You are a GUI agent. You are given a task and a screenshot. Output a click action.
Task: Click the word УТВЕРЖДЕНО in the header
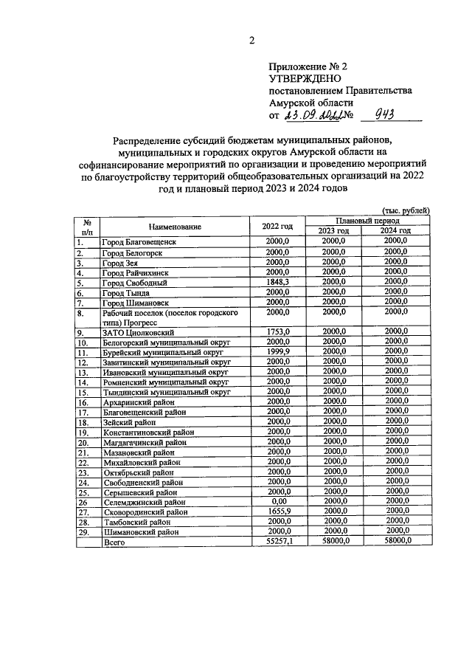pyautogui.click(x=302, y=78)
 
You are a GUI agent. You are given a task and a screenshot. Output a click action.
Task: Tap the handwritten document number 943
pyautogui.click(x=387, y=114)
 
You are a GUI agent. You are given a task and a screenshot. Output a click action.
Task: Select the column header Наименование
pyautogui.click(x=174, y=227)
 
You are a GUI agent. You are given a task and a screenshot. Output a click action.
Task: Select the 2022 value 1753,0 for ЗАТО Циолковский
pyautogui.click(x=277, y=331)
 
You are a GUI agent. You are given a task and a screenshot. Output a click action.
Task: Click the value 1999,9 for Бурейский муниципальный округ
pyautogui.click(x=277, y=352)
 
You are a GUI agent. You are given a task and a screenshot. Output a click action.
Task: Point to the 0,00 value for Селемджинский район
pyautogui.click(x=277, y=501)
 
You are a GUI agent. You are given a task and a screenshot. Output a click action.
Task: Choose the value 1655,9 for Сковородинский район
pyautogui.click(x=277, y=511)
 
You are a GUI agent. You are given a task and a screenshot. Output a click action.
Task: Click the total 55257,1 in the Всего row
pyautogui.click(x=277, y=542)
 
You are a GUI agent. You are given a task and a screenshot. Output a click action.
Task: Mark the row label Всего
pyautogui.click(x=114, y=542)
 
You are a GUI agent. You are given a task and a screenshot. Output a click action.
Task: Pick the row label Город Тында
pyautogui.click(x=126, y=293)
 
